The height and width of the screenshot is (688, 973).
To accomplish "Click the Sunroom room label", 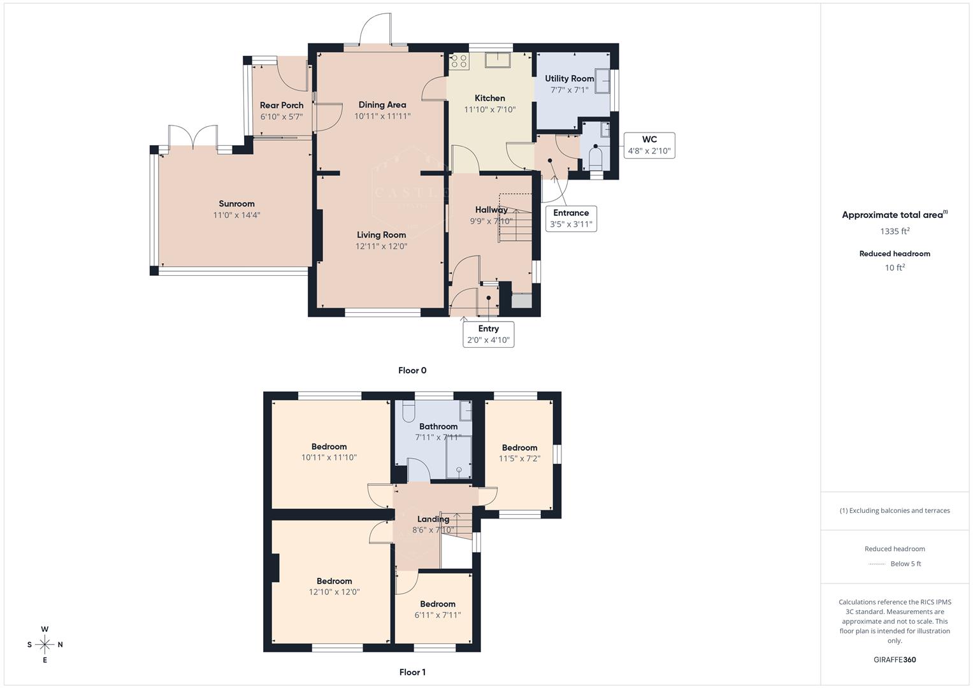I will pyautogui.click(x=236, y=204).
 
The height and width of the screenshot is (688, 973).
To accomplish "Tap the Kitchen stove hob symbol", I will pyautogui.click(x=459, y=61).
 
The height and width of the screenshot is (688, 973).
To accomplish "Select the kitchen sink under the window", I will pyautogui.click(x=498, y=60).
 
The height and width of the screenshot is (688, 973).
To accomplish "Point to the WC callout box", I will pyautogui.click(x=649, y=145).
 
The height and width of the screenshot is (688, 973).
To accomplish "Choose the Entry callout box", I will pyautogui.click(x=488, y=334).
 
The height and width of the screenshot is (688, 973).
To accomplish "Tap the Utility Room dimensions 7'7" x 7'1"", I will pyautogui.click(x=569, y=90).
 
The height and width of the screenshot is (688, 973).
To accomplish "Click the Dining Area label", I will pyautogui.click(x=382, y=105).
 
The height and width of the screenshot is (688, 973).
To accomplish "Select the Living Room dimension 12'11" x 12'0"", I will pyautogui.click(x=381, y=246).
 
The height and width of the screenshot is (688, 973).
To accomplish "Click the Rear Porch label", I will pyautogui.click(x=282, y=106).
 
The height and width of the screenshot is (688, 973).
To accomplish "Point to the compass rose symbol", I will pyautogui.click(x=45, y=644).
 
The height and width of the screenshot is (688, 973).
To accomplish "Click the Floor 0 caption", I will pyautogui.click(x=412, y=370).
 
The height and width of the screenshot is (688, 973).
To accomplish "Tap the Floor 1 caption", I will pyautogui.click(x=412, y=672).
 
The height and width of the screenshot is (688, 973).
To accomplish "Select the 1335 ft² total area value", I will pyautogui.click(x=895, y=231).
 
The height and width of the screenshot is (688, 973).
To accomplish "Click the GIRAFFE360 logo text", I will pyautogui.click(x=895, y=659).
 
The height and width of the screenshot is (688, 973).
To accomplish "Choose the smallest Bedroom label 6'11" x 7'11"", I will pyautogui.click(x=438, y=604).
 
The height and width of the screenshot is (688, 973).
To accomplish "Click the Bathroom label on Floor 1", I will pyautogui.click(x=438, y=427).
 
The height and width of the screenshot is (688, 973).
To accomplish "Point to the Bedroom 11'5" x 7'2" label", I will pyautogui.click(x=519, y=448).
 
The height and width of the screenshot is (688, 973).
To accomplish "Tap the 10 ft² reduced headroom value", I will pyautogui.click(x=895, y=268).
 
